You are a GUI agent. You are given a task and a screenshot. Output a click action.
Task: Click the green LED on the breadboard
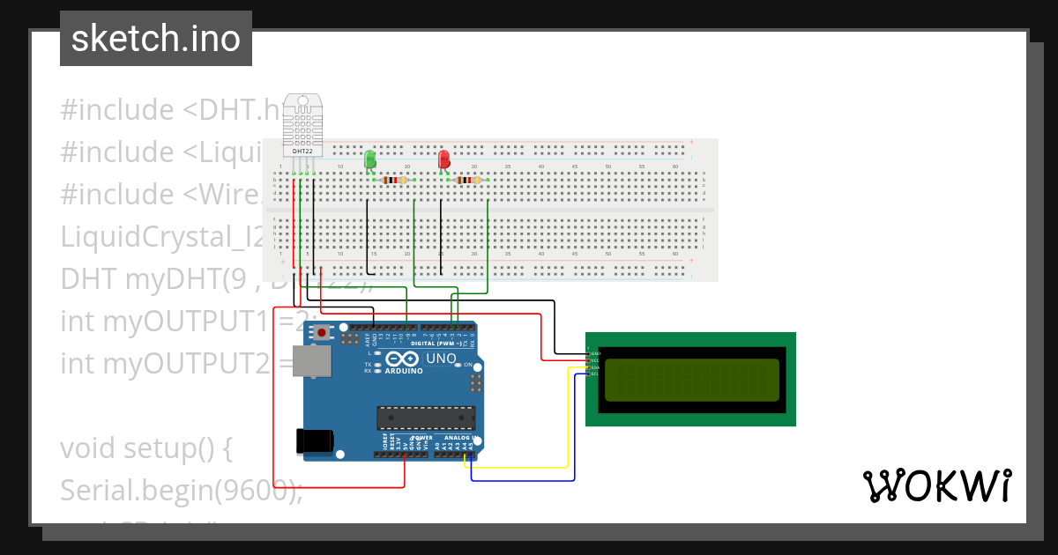pyautogui.click(x=369, y=159)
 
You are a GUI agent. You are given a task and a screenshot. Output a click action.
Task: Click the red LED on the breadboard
pyautogui.click(x=443, y=159)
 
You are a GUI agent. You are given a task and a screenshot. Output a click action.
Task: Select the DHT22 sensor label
pyautogui.click(x=302, y=152)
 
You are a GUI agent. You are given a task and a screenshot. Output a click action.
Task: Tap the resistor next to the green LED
pyautogui.click(x=398, y=181)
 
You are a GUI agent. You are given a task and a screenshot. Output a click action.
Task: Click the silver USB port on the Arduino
pyautogui.click(x=313, y=360)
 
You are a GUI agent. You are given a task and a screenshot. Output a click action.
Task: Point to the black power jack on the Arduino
pyautogui.click(x=316, y=440)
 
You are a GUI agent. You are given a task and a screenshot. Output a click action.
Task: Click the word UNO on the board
pyautogui.click(x=441, y=359)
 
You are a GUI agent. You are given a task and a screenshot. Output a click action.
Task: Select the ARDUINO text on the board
pyautogui.click(x=404, y=371)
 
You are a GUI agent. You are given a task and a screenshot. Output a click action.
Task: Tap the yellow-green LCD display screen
pyautogui.click(x=690, y=380)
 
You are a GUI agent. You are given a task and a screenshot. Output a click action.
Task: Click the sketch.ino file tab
pyautogui.click(x=156, y=39)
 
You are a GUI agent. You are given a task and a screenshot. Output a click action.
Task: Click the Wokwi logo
pyautogui.click(x=935, y=485)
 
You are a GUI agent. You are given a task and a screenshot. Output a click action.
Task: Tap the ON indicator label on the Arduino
pyautogui.click(x=467, y=364)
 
